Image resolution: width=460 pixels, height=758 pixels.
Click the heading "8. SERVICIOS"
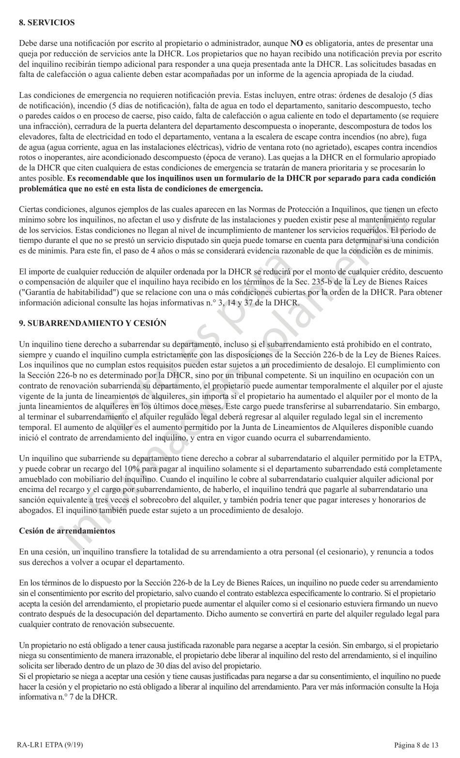46,22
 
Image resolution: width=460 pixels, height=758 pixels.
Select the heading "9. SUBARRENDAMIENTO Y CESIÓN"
92,323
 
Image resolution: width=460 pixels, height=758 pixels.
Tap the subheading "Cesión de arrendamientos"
67,530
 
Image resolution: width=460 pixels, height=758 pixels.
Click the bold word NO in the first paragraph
296,43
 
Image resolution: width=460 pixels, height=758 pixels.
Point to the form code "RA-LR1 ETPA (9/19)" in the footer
48,745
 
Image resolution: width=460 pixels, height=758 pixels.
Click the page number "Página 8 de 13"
416,745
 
